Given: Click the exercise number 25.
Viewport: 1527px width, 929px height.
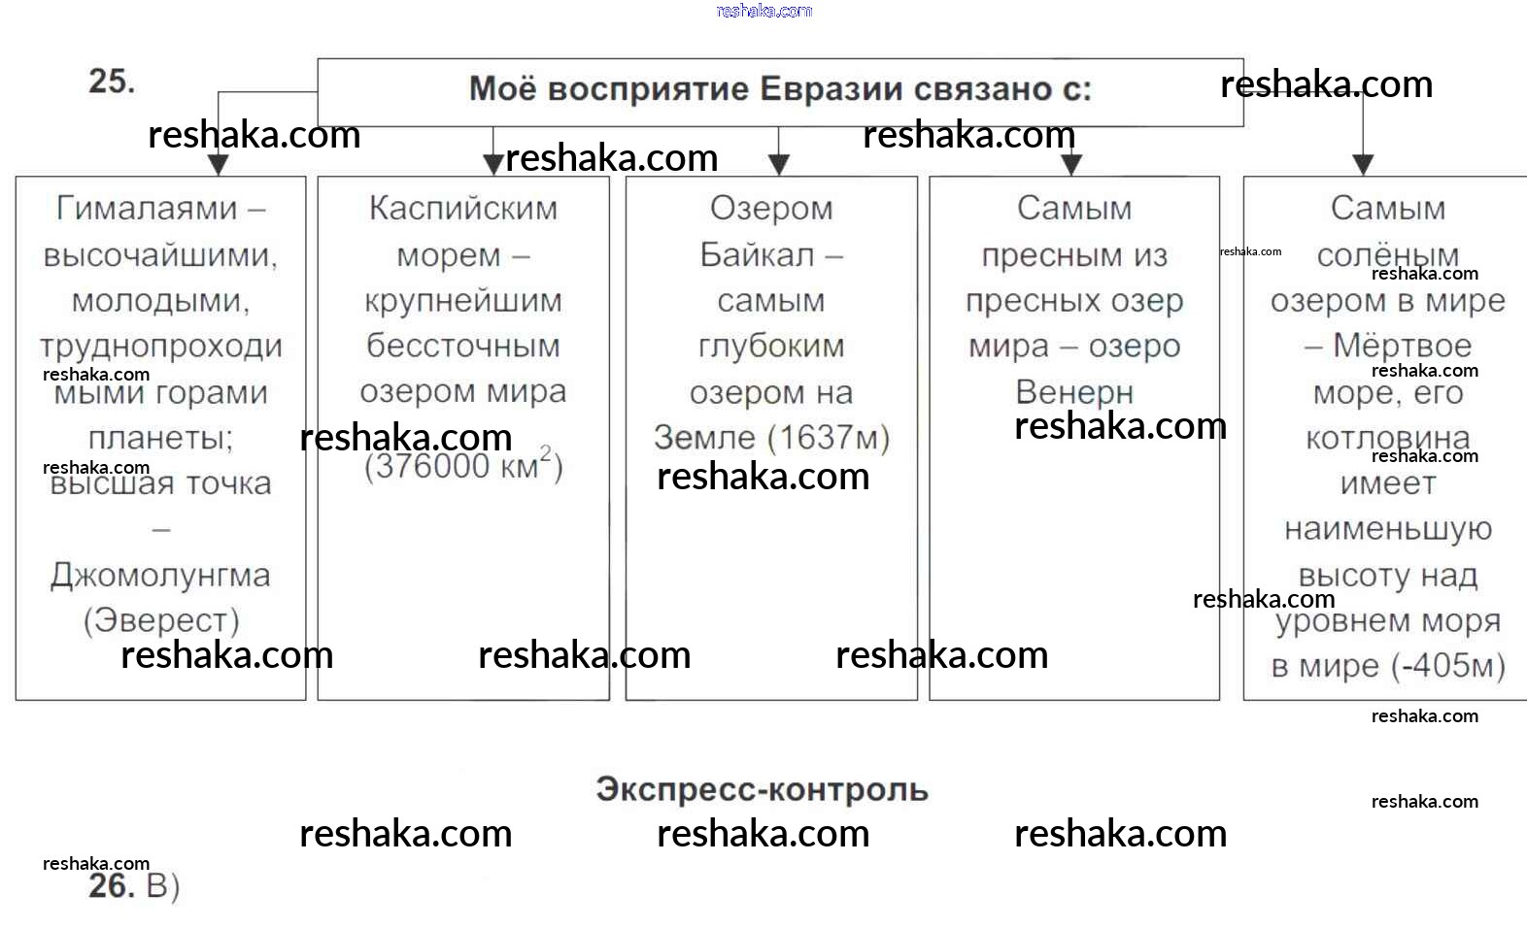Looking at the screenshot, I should click(111, 81).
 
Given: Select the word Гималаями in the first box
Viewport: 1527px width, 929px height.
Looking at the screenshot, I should click(148, 208).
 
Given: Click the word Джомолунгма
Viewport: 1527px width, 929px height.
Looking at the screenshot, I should click(160, 576).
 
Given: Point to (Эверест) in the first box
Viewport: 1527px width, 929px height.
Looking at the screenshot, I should click(161, 620).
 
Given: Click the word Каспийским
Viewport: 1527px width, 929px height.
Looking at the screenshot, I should click(463, 208).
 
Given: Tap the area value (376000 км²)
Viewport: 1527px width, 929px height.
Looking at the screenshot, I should click(463, 466).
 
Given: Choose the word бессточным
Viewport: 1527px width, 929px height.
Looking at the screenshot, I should click(463, 346).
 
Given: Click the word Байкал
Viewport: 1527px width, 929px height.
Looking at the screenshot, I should click(757, 254).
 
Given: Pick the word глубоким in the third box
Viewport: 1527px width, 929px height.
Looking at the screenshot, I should click(771, 346).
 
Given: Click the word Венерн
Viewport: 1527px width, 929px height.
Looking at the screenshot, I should click(1074, 392).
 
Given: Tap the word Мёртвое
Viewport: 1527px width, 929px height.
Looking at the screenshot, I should click(1402, 346).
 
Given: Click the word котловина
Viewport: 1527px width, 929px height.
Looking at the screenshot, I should click(1387, 438).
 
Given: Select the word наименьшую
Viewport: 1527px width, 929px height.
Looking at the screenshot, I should click(1387, 529).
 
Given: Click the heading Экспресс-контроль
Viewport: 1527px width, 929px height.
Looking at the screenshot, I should click(763, 789).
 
